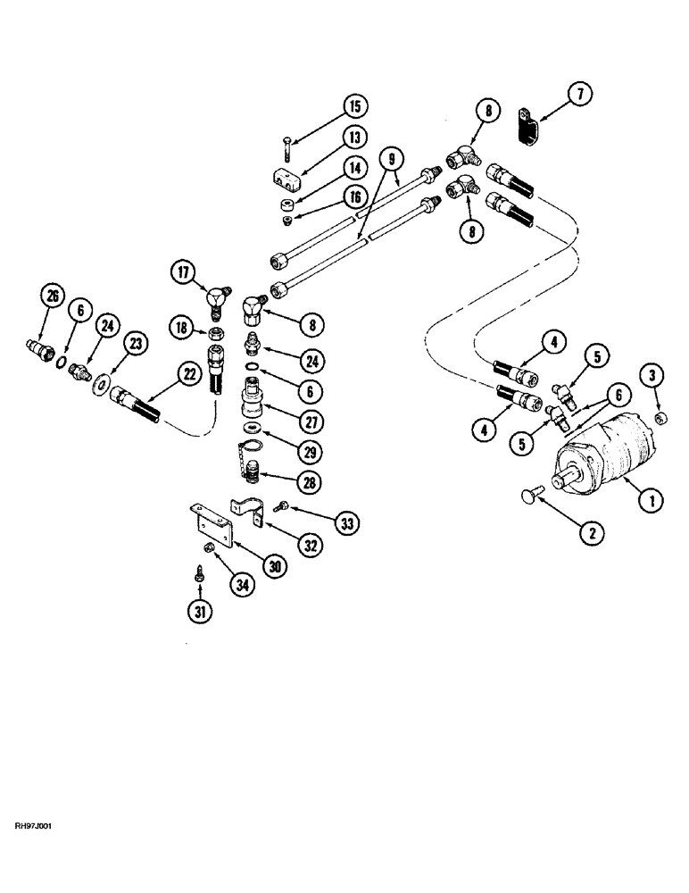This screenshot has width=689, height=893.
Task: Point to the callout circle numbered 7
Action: [579, 94]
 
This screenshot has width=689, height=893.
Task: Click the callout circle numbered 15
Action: [355, 107]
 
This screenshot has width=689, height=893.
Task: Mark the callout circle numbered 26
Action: [54, 295]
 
